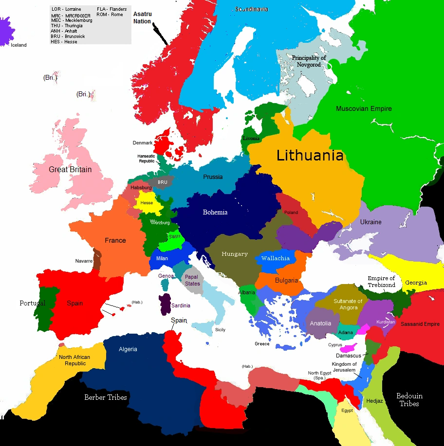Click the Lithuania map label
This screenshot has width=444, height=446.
(x=310, y=156)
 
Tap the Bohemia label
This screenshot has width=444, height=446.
(x=215, y=212)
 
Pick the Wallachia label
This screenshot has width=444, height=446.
(x=275, y=258)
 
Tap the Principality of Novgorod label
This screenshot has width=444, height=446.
(x=309, y=61)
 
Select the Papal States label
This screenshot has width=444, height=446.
(x=192, y=280)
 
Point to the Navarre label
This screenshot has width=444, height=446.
(x=84, y=261)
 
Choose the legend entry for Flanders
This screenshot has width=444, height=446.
(x=111, y=9)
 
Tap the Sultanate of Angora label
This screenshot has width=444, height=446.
(x=349, y=304)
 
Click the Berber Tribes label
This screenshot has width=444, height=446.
(x=106, y=397)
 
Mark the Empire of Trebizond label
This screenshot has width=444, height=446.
(x=381, y=282)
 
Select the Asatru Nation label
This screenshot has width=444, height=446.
(x=142, y=18)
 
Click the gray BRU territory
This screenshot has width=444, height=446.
(x=162, y=182)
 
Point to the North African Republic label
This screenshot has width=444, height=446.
(x=74, y=360)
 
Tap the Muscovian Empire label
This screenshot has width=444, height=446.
(x=364, y=108)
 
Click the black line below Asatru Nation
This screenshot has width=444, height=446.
(x=161, y=34)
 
